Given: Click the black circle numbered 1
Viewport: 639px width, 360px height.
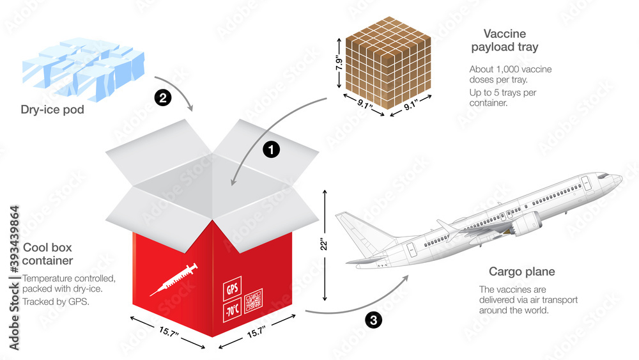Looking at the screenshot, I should tap(272, 150).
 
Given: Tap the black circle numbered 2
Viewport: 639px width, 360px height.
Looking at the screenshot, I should tap(163, 98).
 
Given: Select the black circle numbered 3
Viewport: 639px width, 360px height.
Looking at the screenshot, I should tap(373, 319).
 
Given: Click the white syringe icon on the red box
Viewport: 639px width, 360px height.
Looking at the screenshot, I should tap(173, 279).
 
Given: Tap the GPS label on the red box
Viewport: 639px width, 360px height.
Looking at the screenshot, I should tap(232, 288).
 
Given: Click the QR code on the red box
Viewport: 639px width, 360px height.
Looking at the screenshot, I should tap(254, 300).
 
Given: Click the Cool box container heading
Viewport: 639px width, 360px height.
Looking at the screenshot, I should tap(48, 254).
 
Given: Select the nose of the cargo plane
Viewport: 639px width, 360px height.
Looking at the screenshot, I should tap(619, 179).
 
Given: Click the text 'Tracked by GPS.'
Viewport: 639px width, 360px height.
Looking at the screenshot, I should tap(56, 301).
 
